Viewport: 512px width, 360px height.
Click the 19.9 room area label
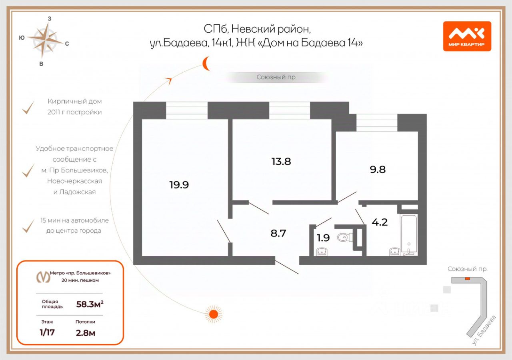coord(179,185)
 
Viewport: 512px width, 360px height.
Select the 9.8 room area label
coord(378,169)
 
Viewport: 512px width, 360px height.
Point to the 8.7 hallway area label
coord(278,233)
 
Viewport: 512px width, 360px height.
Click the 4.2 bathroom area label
coord(380,222)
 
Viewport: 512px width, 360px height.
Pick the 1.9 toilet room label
coord(323,238)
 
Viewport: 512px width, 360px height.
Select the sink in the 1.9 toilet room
coord(322,252)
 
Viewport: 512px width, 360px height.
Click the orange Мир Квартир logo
coord(467,36)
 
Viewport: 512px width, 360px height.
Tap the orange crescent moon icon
coord(206,64)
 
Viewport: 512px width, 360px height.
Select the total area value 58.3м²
coord(90,304)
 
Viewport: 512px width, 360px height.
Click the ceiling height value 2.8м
coord(85,332)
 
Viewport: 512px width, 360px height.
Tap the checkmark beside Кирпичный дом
coord(28,108)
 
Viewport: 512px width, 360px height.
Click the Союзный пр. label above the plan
coord(276,77)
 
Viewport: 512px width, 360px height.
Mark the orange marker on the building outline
coord(467,279)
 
